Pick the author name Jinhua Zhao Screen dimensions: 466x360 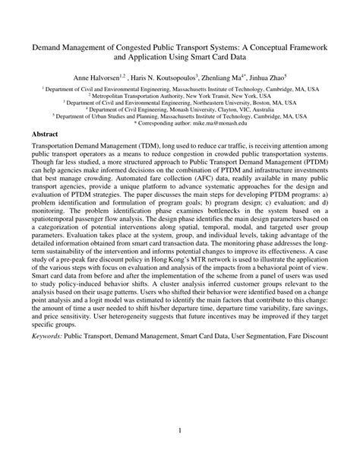[x=270, y=78]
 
